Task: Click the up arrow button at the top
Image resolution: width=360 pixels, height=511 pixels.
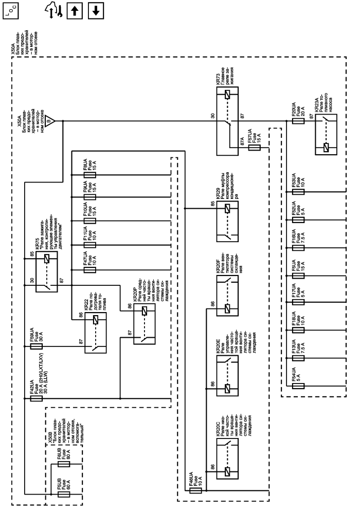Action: pyautogui.click(x=75, y=11)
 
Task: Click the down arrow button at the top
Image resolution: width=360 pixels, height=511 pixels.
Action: pyautogui.click(x=96, y=11)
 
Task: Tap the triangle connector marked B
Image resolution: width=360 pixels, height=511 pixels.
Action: pyautogui.click(x=49, y=121)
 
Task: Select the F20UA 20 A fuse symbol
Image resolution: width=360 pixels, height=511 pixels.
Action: pyautogui.click(x=298, y=121)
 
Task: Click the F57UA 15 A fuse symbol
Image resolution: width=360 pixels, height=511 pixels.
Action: pyautogui.click(x=255, y=148)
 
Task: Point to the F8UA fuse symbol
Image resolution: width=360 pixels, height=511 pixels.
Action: pyautogui.click(x=89, y=175)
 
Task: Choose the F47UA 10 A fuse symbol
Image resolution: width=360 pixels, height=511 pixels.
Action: pyautogui.click(x=89, y=270)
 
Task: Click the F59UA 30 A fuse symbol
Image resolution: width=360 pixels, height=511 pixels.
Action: pyautogui.click(x=36, y=346)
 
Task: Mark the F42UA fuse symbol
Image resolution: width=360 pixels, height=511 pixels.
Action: pyautogui.click(x=36, y=398)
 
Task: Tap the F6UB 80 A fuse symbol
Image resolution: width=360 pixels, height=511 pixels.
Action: pyautogui.click(x=64, y=464)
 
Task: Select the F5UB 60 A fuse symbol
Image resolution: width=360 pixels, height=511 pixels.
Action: pyautogui.click(x=64, y=495)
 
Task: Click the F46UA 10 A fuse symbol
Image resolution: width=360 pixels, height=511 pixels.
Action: pyautogui.click(x=195, y=490)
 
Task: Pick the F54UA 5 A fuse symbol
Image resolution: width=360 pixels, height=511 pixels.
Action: pyautogui.click(x=298, y=386)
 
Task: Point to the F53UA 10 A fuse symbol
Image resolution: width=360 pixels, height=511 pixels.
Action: pyautogui.click(x=298, y=192)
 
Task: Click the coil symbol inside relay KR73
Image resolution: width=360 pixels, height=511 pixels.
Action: pyautogui.click(x=228, y=96)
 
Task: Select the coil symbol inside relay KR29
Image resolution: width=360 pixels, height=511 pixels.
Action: pyautogui.click(x=228, y=209)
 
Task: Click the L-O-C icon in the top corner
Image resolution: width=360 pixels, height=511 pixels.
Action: pyautogui.click(x=11, y=11)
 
